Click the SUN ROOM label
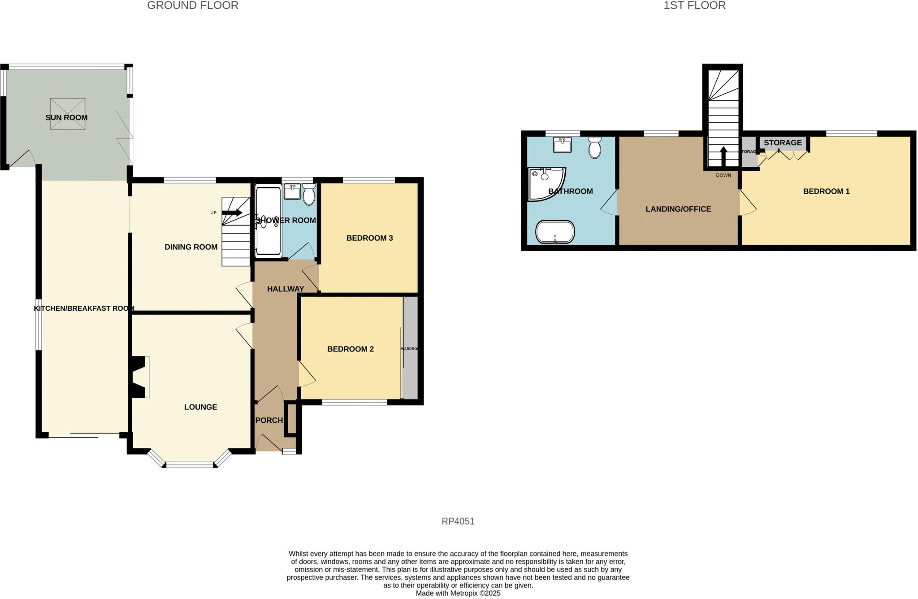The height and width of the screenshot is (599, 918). point(66,118)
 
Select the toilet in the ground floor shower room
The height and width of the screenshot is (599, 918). point(309,195)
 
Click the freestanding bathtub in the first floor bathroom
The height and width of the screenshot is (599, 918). point(555,232)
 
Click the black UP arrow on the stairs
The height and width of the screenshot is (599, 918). point(232,213)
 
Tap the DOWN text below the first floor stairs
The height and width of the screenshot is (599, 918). point(723,175)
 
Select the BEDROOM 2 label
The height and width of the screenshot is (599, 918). point(350,349)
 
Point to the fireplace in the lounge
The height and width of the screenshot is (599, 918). point(140,377)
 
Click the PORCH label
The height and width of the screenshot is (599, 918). point(269,421)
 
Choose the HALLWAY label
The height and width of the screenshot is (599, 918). point(286,289)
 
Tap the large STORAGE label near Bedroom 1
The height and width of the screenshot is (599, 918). point(783,143)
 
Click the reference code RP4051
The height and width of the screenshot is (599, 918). point(458,521)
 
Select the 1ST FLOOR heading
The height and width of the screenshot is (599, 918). point(694,6)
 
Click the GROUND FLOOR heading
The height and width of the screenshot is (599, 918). point(193,6)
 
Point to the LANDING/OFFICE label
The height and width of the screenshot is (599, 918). point(678,209)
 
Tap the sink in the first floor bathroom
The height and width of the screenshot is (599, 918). point(562,145)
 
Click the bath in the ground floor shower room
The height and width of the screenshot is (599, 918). point(268,221)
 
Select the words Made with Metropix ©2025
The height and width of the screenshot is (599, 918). point(458,593)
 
